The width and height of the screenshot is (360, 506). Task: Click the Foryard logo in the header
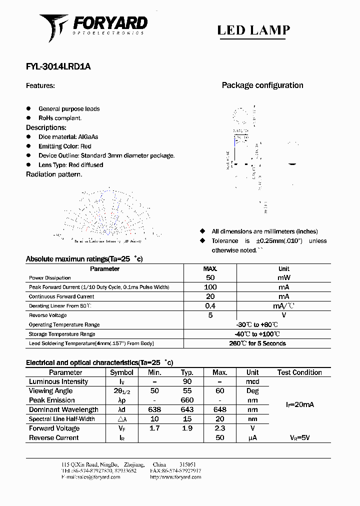93,27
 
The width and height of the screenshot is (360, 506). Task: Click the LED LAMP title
253,30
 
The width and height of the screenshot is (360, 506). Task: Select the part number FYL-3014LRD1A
58,66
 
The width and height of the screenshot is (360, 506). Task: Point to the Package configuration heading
262,85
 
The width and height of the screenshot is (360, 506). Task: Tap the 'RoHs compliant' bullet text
60,118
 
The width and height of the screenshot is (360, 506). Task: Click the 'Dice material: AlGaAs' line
68,137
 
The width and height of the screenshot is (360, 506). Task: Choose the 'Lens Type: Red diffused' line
70,165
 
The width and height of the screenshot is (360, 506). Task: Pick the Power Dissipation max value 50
210,277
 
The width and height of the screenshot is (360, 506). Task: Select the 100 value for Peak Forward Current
210,287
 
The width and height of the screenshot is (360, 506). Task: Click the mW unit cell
283,277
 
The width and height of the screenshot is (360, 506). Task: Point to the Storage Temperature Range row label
62,334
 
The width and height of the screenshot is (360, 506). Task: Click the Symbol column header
121,372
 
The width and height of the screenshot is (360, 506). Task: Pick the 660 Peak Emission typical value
187,400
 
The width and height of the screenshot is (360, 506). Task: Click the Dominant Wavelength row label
63,410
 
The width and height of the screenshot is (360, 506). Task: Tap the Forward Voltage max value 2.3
219,428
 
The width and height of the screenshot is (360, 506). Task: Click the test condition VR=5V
299,438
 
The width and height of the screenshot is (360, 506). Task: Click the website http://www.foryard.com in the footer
175,477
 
